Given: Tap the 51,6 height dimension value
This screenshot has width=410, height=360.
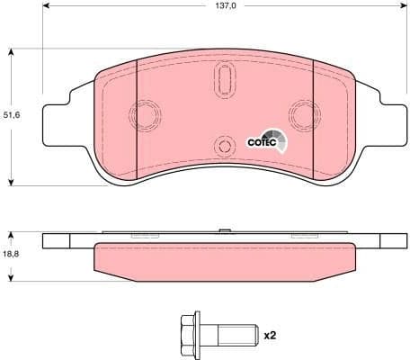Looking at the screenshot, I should pos(11,115).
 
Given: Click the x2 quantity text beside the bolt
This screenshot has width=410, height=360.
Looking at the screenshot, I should pos(269,336).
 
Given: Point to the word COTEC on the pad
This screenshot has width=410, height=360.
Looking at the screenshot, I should pos(260,140).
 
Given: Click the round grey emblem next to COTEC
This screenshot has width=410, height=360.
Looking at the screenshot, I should pos(281,139).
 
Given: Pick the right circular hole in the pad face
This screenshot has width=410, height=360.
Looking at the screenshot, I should pos(299,113).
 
